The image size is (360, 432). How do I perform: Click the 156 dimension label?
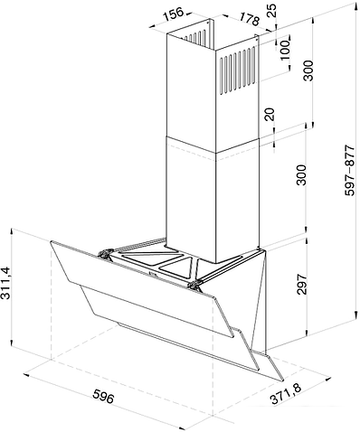click(x=174, y=14)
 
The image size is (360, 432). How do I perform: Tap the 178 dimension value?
click(x=250, y=19)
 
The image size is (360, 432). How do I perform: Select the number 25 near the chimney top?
click(x=271, y=11)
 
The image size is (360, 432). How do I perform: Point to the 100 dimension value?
click(x=285, y=50)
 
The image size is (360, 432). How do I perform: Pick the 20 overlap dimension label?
click(x=270, y=115)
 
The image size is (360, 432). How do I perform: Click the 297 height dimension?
click(x=301, y=284)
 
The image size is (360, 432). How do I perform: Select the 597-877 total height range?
click(x=351, y=171)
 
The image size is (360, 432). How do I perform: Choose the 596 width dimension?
click(x=103, y=396)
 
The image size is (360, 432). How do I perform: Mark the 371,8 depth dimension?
click(x=285, y=394)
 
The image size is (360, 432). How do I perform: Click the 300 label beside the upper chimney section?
click(x=308, y=70)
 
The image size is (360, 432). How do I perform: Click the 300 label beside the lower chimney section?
click(x=301, y=174)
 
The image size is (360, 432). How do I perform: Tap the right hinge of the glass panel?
click(x=194, y=285)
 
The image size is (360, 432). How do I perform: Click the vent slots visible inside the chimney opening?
click(x=196, y=37)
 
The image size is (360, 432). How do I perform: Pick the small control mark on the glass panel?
click(x=152, y=275)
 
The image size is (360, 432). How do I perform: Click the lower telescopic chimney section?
click(x=213, y=199)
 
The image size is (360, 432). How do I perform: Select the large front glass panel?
click(x=142, y=288)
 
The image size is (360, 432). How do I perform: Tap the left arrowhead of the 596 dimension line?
click(x=26, y=375)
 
